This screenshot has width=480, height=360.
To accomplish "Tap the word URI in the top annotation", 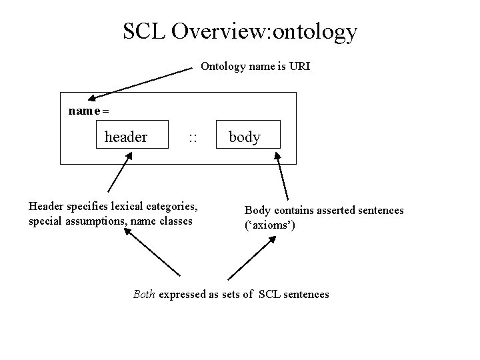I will pos(300,67).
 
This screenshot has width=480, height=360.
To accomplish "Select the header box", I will pos(126,137).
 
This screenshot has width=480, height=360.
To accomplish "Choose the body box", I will pos(245,137).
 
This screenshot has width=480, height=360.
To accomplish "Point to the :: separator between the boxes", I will pos(193,138).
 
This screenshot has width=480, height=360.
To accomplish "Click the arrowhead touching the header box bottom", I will pos(127,155).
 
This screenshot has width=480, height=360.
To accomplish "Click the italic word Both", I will pos(145,294).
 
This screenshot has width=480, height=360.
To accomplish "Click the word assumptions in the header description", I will pos(91,221).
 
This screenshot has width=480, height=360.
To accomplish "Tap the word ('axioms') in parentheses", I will pos(270,225).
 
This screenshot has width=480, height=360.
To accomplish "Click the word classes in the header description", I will pos(175,221).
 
